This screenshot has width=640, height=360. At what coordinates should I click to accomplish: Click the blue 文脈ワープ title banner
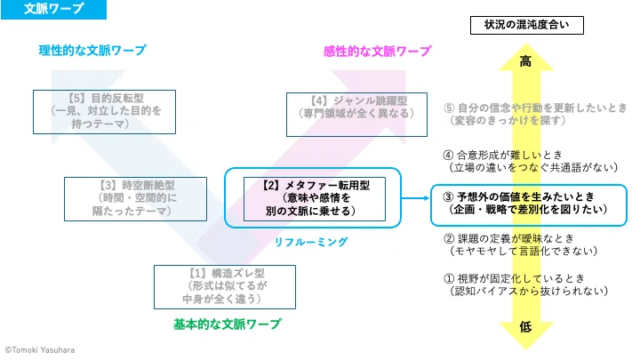point(53,9)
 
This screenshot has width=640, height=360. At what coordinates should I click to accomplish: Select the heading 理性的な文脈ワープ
point(92,50)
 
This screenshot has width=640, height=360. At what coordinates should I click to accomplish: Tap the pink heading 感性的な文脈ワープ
point(377,51)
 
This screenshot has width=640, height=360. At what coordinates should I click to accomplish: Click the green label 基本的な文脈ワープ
point(228,324)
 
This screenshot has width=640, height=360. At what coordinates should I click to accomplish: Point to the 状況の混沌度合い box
point(527,25)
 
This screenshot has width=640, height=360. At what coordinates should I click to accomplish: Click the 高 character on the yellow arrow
point(525,61)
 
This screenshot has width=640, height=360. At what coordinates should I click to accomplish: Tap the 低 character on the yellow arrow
point(525,326)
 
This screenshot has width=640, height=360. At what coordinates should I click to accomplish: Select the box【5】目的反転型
point(105,112)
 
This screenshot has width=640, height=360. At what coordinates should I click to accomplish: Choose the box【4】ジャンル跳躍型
point(356,115)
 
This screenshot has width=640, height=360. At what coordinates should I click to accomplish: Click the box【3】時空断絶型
point(135,199)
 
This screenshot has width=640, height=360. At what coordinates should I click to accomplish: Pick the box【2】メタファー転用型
point(315,199)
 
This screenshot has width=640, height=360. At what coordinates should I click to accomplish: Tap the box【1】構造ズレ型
point(225,287)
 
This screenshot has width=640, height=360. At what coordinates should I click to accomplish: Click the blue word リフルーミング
point(310,242)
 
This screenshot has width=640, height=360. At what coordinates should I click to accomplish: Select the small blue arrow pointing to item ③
point(415,198)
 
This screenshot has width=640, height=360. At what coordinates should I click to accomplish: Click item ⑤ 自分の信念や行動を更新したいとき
point(535,114)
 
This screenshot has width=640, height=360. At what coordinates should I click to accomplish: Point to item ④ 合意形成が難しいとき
point(530,161)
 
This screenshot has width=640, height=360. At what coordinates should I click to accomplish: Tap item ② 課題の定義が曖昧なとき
point(520,244)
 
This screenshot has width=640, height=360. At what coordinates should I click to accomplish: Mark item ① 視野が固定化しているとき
point(525,284)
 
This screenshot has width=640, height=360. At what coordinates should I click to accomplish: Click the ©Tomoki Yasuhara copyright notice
point(40,350)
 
